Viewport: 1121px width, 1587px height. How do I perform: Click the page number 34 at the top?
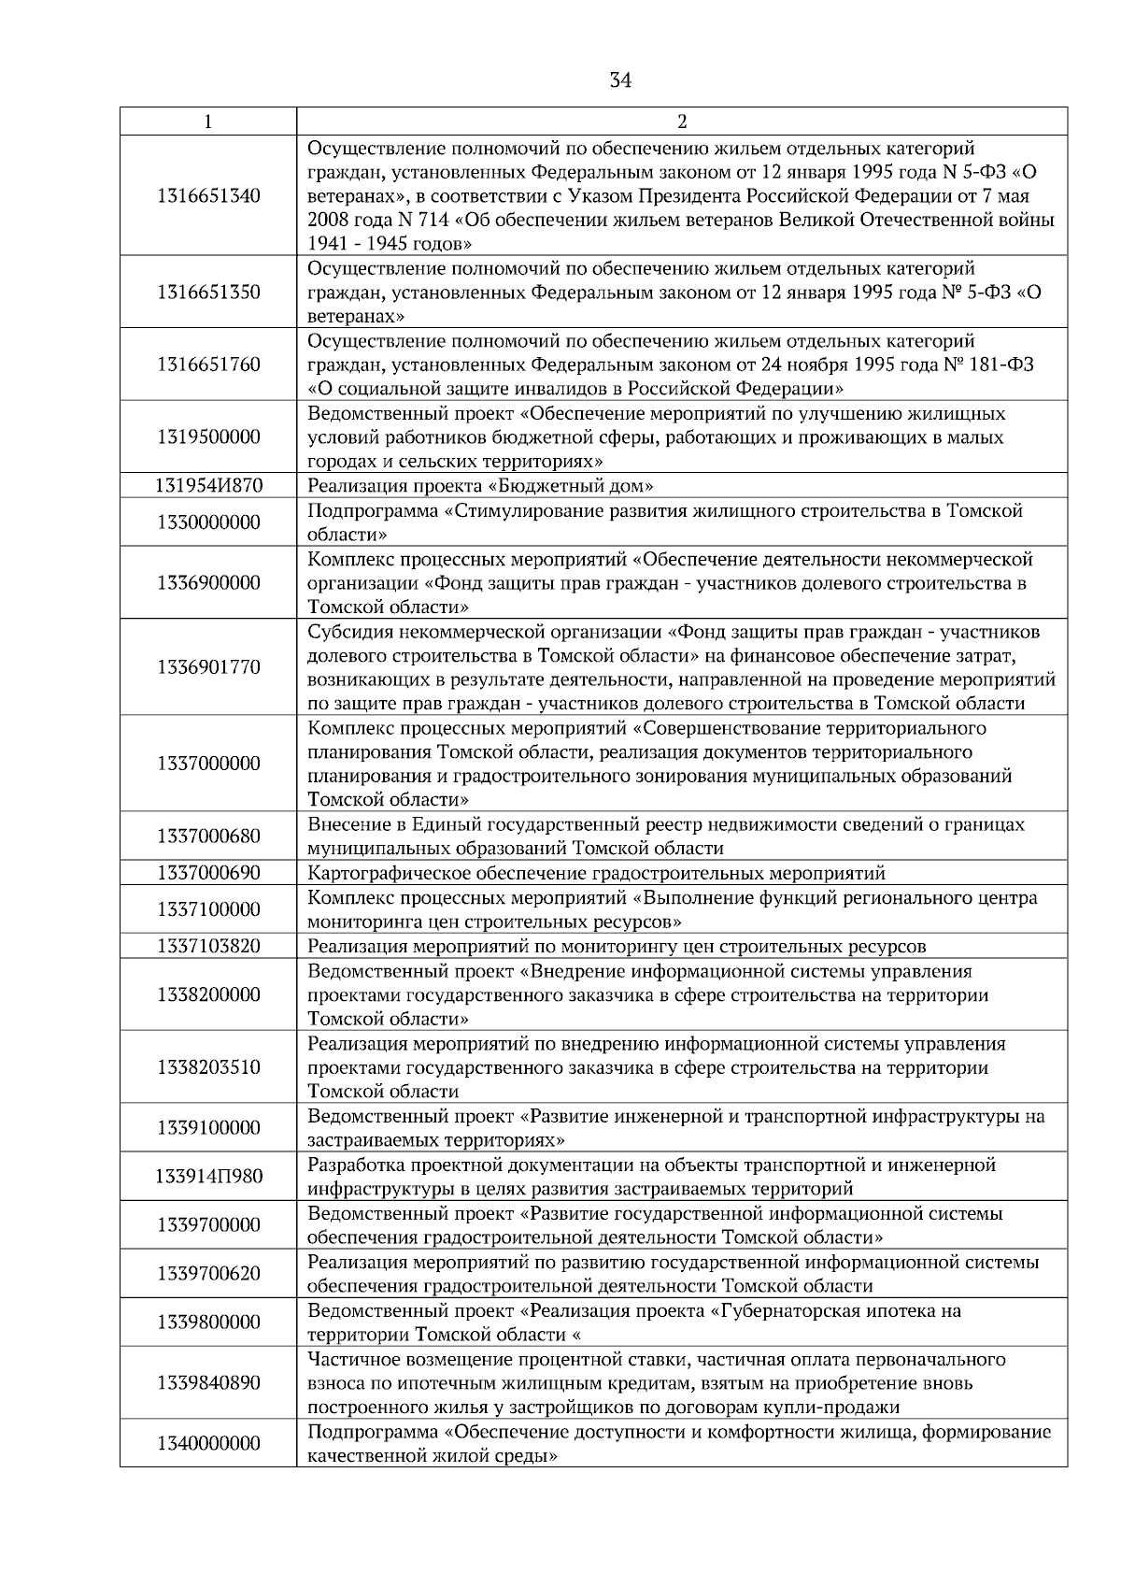pyautogui.click(x=620, y=81)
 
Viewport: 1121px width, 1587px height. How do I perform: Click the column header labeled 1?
pyautogui.click(x=207, y=122)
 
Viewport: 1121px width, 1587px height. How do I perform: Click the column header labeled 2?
pyautogui.click(x=682, y=122)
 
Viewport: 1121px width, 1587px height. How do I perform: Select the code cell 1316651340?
pyautogui.click(x=208, y=196)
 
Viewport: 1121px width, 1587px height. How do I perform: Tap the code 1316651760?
pyautogui.click(x=208, y=365)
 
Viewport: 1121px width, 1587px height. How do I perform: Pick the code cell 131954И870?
pyautogui.click(x=208, y=485)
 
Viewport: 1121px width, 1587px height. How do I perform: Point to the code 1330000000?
pyautogui.click(x=208, y=522)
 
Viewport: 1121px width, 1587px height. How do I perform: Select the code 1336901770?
pyautogui.click(x=208, y=667)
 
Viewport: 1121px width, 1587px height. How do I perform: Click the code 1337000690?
pyautogui.click(x=208, y=873)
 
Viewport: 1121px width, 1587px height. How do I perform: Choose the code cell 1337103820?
pyautogui.click(x=208, y=946)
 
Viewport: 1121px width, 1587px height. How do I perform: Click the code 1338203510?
pyautogui.click(x=208, y=1067)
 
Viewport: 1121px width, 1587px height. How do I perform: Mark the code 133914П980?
pyautogui.click(x=208, y=1176)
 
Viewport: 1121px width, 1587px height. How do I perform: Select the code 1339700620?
pyautogui.click(x=208, y=1273)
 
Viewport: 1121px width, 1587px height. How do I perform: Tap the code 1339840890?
pyautogui.click(x=208, y=1382)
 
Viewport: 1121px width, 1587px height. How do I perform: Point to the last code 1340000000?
pyautogui.click(x=208, y=1443)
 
